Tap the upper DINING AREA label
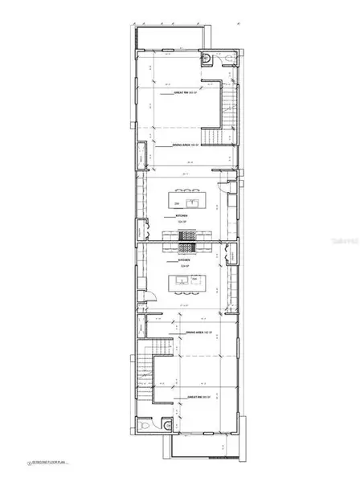(x=186, y=145)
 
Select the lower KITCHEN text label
(x=184, y=261)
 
